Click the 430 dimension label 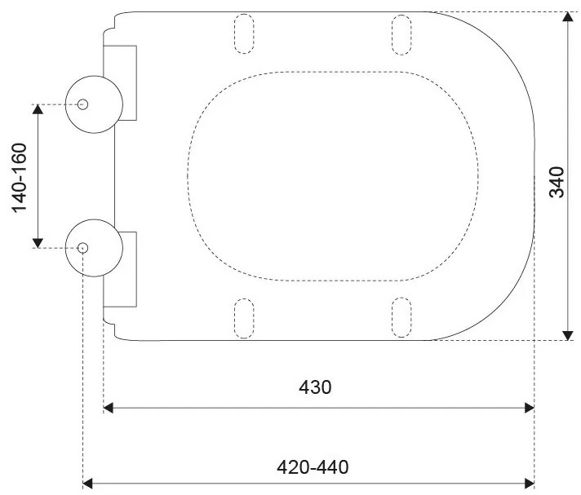click(x=315, y=387)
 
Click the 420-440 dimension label click(x=313, y=467)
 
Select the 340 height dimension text click(x=557, y=182)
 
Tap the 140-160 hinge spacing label click(x=20, y=178)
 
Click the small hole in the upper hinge click(x=82, y=104)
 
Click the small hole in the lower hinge click(x=82, y=248)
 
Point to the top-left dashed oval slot click(x=244, y=33)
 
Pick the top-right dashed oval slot click(x=401, y=35)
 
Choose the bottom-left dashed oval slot click(x=244, y=318)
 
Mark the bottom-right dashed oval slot click(x=401, y=317)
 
